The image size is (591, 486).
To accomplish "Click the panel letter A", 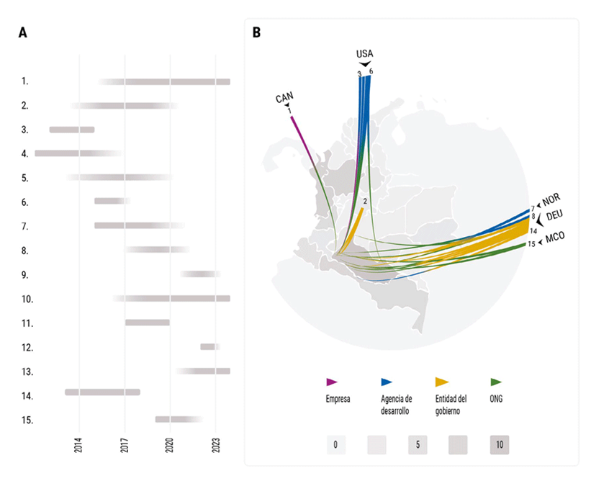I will [x=24, y=32].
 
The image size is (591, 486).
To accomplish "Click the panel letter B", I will [x=256, y=32].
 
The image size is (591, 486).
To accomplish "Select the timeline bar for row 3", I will [x=72, y=130].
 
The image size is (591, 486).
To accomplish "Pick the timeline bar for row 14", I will [x=102, y=392].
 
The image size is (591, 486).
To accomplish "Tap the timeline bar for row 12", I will [x=209, y=347].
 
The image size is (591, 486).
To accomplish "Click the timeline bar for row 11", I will [x=148, y=322].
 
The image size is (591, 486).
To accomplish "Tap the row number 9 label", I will [x=25, y=275].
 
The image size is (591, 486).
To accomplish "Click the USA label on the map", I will [x=365, y=54].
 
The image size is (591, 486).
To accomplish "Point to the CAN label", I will [x=284, y=99].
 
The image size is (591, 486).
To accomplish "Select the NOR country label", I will [x=551, y=198].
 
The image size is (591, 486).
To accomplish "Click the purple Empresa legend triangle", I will [x=333, y=382].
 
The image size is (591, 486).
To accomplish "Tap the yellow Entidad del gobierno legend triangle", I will [x=442, y=382].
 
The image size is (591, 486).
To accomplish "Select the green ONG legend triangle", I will [x=496, y=382].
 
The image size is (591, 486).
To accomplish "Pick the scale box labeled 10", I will [x=500, y=445].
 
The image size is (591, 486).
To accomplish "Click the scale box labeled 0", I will [x=335, y=445].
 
